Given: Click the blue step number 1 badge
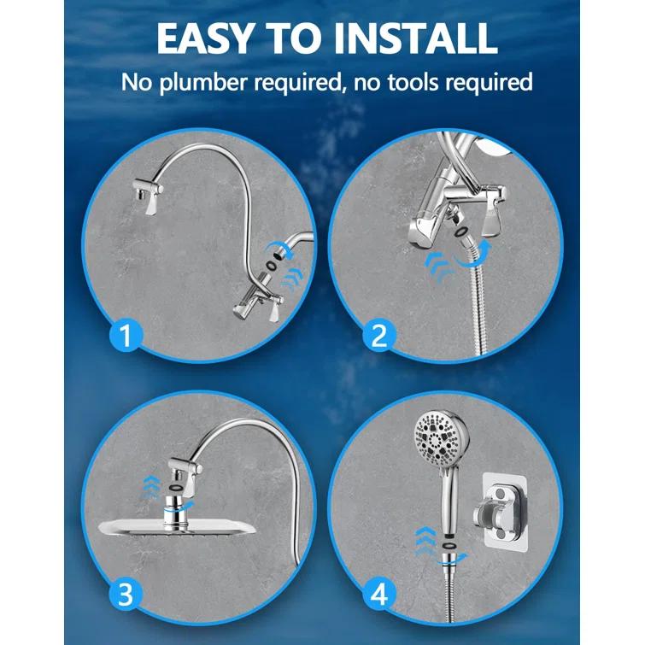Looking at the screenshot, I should point(126,334).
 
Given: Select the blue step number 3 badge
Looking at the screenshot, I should point(126,570).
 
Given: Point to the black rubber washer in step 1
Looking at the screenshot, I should point(272,264).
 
